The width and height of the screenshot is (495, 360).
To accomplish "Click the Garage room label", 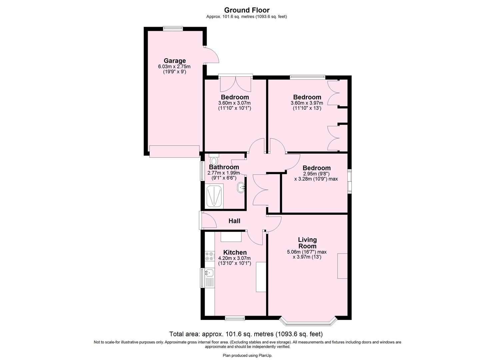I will pos(174,61).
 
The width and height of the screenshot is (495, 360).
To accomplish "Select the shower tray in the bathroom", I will pos(215,196).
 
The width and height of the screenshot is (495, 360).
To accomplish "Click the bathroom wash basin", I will pos(241,188).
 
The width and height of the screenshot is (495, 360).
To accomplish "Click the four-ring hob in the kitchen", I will pos(209,256).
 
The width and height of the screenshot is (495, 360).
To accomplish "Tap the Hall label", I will pos(234,221).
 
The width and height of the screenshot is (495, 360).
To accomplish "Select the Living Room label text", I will pos(307,243).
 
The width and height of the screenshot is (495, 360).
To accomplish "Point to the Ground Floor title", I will pos(247,10).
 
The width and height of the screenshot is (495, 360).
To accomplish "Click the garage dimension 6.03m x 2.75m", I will pos(174,67).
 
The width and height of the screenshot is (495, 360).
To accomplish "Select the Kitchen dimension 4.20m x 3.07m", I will pos(234,258).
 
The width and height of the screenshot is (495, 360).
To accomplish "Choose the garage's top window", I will pos(173,29).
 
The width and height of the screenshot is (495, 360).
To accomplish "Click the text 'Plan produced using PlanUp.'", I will pos(247,355).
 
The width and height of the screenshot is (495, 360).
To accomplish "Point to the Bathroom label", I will pos(224,167).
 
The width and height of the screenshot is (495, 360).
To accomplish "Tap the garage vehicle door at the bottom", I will pos(174,151).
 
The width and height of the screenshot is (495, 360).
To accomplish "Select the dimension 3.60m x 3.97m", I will pos(307,103).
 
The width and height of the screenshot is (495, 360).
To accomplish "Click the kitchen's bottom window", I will pos(235,318).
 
